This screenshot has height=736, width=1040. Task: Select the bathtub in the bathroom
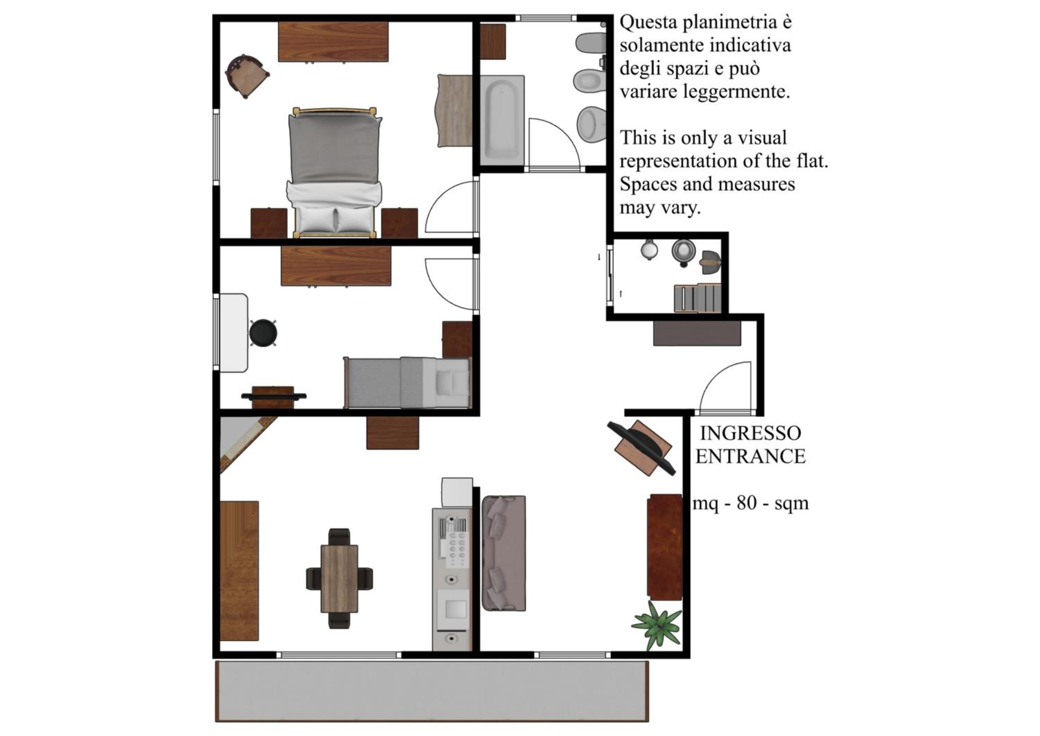coord(502,120)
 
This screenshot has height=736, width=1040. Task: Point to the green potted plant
coord(657,626)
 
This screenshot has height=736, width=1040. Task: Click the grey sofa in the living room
coord(504,553)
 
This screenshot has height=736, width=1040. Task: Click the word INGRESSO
coord(750,433)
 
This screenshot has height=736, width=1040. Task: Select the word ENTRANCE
coord(751,456)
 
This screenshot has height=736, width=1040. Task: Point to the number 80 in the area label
coord(746,503)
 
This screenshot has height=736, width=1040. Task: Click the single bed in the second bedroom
coord(407,383)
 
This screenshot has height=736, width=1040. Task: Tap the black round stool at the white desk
coord(263,333)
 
